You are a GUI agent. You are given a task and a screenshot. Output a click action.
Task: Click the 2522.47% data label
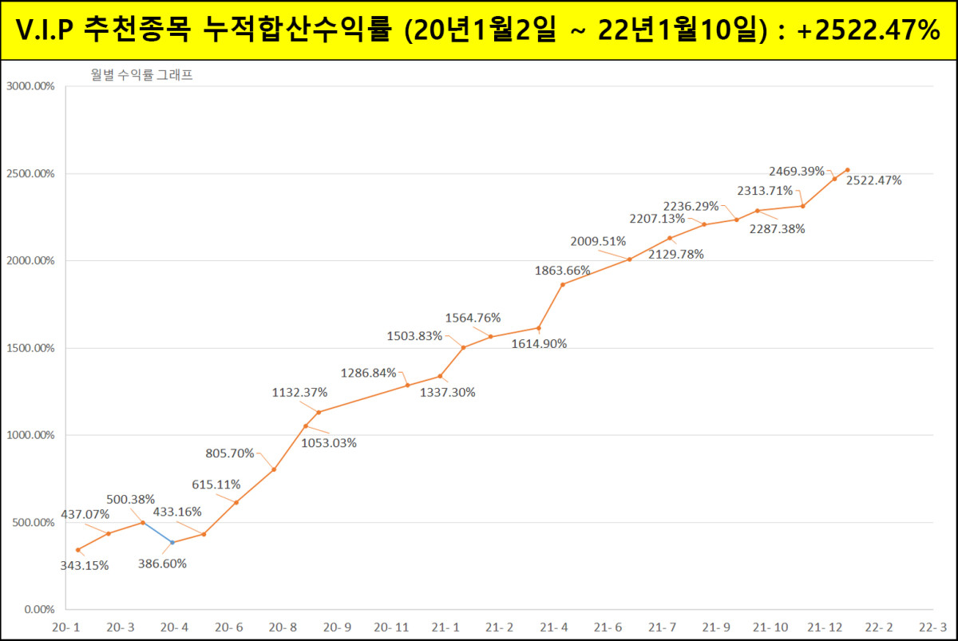coord(874,180)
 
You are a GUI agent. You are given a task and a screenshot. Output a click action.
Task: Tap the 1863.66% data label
coord(563,271)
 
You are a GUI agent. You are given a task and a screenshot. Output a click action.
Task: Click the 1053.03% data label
coord(329,443)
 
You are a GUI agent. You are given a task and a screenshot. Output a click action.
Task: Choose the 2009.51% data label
coord(598,241)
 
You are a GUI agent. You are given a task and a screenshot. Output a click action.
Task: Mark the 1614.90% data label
coord(539,344)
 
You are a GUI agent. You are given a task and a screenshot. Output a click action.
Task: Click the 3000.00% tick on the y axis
coord(30,86)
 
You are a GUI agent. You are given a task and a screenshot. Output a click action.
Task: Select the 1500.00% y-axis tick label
coord(30,348)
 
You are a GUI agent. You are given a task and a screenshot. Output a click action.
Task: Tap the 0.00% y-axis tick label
coord(37,610)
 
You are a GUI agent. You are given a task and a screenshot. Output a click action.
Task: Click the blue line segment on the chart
coord(158,532)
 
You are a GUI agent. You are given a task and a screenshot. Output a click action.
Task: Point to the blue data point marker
coord(173,542)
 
